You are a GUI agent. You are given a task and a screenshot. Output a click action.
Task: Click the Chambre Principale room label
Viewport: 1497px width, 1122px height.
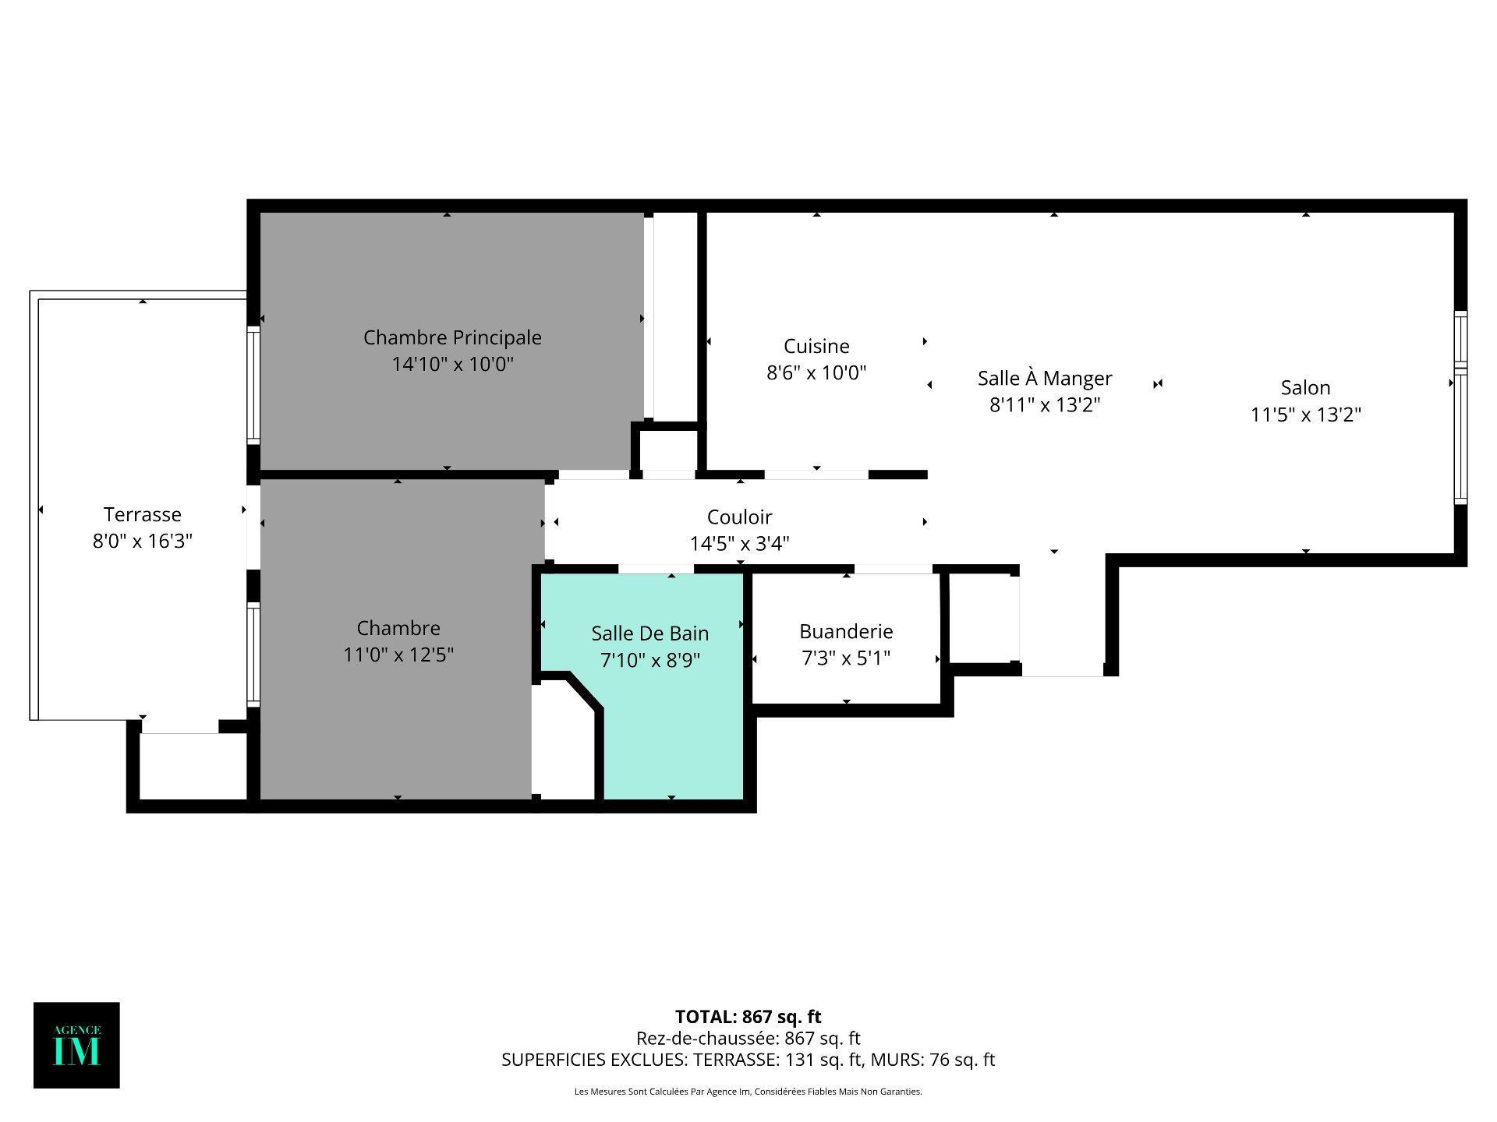(x=452, y=338)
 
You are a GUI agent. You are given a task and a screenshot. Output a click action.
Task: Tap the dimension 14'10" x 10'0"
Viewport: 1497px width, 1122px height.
(x=452, y=364)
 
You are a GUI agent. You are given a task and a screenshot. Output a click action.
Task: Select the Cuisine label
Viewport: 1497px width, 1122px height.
(x=816, y=346)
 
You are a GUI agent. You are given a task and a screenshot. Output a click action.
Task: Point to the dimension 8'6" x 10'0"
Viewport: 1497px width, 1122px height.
(x=816, y=372)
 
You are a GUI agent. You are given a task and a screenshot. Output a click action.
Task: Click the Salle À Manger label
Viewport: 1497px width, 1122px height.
(x=1045, y=378)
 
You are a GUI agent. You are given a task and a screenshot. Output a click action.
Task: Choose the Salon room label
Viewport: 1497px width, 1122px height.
(x=1305, y=387)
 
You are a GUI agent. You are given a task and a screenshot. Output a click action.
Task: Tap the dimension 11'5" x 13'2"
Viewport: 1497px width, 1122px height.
(x=1305, y=415)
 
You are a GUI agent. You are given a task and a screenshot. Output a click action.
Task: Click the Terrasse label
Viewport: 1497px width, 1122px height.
(x=143, y=514)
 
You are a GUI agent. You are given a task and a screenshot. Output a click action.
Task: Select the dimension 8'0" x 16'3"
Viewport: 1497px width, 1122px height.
(x=143, y=541)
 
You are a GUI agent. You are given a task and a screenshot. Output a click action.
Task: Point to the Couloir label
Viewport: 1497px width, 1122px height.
(x=739, y=517)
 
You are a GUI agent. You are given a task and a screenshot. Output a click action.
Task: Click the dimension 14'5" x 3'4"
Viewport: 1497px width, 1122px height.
(x=739, y=543)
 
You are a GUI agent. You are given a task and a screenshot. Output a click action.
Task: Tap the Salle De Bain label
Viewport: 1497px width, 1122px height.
(x=649, y=633)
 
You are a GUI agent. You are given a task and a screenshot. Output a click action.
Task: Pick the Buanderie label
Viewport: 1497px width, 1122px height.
(x=846, y=631)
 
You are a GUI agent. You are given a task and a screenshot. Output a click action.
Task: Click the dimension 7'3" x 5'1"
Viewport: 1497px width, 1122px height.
(x=846, y=658)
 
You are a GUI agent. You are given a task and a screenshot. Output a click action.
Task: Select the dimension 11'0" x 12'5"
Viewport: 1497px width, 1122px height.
(x=398, y=654)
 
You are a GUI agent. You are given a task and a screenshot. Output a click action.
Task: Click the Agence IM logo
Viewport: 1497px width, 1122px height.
(x=76, y=1045)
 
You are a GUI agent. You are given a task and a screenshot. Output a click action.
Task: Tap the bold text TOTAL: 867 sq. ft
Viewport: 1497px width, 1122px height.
(x=748, y=1017)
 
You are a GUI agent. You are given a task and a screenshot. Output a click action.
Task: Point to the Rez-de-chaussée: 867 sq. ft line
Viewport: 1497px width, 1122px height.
(x=748, y=1039)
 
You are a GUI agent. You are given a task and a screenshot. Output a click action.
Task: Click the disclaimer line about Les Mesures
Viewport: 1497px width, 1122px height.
(x=748, y=1092)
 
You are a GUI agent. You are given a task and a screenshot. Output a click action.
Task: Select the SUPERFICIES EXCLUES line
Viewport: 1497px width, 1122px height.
(x=748, y=1060)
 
